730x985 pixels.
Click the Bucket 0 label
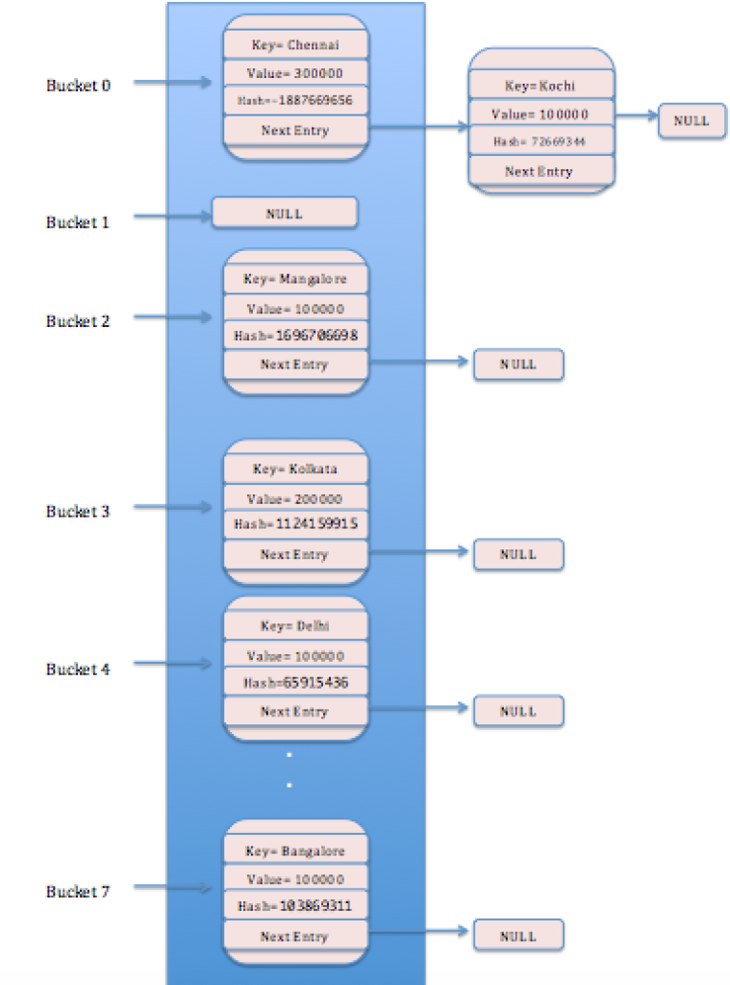(x=78, y=85)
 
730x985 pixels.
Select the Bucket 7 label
(x=78, y=892)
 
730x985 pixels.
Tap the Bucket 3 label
(x=78, y=511)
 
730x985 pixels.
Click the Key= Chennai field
(x=295, y=45)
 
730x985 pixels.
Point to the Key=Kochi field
(x=541, y=87)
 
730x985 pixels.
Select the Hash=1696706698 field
(x=295, y=336)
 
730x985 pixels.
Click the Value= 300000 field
(x=295, y=73)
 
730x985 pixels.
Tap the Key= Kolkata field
(x=295, y=469)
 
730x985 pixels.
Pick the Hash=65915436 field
(x=295, y=683)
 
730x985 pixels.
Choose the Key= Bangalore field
(x=295, y=851)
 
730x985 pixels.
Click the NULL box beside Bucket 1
(x=285, y=214)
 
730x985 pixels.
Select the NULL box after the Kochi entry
(x=692, y=121)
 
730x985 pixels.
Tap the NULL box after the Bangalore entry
(x=517, y=936)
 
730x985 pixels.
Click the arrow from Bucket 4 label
(x=173, y=664)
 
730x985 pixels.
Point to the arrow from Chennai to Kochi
(x=418, y=128)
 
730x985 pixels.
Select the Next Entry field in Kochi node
(x=541, y=171)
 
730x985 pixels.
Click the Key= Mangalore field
(x=295, y=279)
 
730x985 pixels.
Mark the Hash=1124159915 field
(x=295, y=525)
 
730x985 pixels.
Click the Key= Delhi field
(x=295, y=626)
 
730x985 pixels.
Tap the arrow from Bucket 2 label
(x=173, y=316)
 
